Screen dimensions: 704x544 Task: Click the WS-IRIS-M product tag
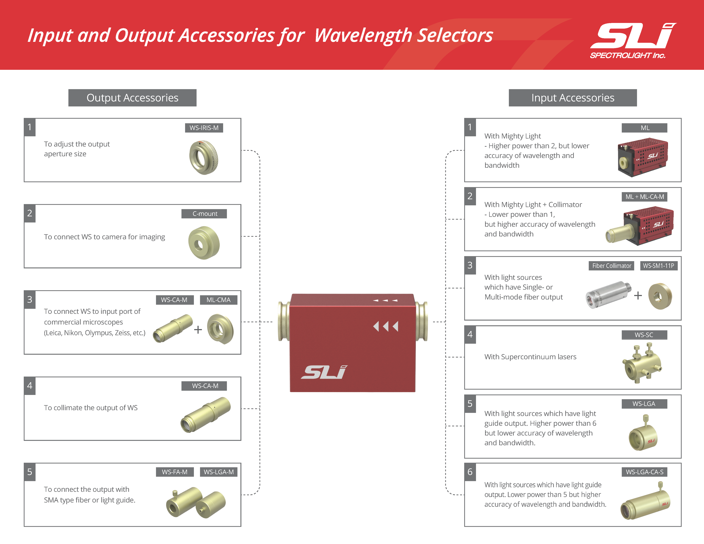[x=204, y=128]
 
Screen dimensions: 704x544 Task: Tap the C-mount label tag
[x=204, y=214]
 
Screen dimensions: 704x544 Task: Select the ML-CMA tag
[x=219, y=300]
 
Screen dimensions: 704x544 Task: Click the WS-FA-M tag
[x=175, y=472]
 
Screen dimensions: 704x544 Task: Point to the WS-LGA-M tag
[x=219, y=472]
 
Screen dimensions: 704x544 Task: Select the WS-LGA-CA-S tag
[x=644, y=472]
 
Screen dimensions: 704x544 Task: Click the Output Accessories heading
[x=133, y=98]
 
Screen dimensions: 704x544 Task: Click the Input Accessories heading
[x=573, y=98]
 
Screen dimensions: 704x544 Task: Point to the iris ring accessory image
[x=204, y=158]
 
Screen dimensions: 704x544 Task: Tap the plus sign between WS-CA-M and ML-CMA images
[x=198, y=329]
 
